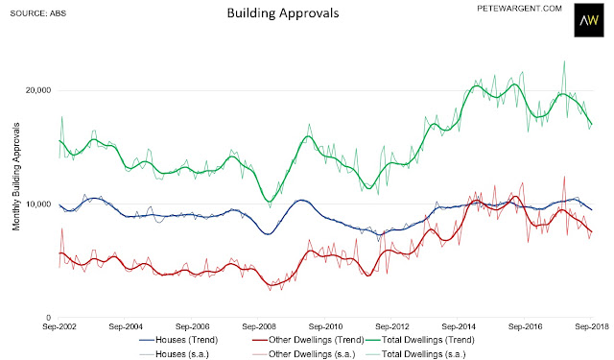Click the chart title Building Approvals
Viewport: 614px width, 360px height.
[283, 13]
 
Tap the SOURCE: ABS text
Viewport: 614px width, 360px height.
[38, 13]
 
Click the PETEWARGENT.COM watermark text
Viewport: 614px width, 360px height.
[519, 9]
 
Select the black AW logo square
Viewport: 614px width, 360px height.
[588, 20]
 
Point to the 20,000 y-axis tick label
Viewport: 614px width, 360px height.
[38, 90]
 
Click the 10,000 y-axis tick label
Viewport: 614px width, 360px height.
[38, 204]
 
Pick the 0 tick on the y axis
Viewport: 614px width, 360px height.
[48, 318]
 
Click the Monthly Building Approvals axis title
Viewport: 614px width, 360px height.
[16, 177]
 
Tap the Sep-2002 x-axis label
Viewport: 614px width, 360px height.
[59, 326]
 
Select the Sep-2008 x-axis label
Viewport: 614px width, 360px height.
[259, 326]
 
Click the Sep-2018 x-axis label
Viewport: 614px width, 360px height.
[591, 326]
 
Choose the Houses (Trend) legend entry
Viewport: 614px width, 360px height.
[178, 340]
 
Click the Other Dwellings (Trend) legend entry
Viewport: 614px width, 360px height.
[308, 340]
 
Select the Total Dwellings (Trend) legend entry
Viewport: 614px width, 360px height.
[420, 340]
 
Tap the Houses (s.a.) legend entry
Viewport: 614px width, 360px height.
[174, 354]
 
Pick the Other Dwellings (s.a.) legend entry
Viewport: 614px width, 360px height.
[303, 354]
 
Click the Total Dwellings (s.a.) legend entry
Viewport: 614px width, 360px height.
[415, 354]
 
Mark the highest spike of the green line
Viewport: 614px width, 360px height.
[564, 61]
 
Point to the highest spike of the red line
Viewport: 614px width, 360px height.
[564, 177]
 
